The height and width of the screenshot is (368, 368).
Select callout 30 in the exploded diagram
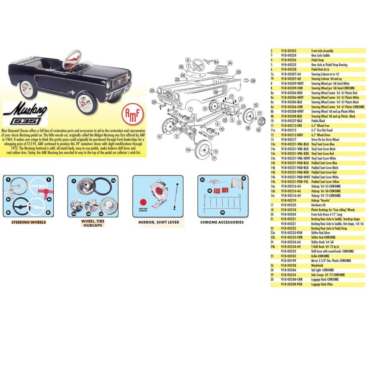[x=238, y=72]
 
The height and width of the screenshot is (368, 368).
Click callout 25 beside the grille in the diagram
[x=152, y=90]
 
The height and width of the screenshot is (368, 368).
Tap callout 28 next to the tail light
[x=253, y=80]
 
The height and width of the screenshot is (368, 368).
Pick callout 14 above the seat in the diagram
[x=230, y=63]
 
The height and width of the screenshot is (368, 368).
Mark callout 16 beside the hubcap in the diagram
[x=258, y=129]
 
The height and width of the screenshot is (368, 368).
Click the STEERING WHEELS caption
[x=28, y=222]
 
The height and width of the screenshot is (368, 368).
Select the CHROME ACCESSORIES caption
[x=222, y=222]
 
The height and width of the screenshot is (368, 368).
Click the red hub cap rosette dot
[x=143, y=201]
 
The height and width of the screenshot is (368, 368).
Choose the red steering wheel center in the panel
[x=44, y=192]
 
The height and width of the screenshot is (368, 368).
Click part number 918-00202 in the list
[x=289, y=51]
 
